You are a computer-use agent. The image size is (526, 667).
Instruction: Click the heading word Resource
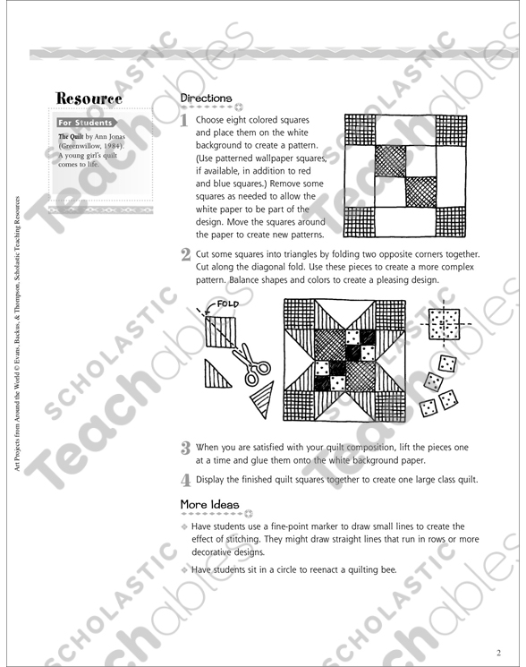coord(89,98)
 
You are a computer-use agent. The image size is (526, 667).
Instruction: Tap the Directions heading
coord(206,98)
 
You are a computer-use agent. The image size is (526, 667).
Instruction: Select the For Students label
coord(86,123)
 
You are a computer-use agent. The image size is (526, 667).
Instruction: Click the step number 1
coord(185,121)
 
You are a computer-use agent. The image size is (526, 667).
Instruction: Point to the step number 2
coord(185,254)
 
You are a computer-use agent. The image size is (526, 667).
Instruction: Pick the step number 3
coord(185,447)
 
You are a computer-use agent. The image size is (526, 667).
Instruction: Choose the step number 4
coord(185,479)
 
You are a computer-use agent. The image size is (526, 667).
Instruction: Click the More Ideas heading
coord(210,505)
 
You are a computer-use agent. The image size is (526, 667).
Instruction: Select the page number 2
coord(499,651)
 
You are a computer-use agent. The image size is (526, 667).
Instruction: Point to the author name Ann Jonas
coord(108,136)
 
